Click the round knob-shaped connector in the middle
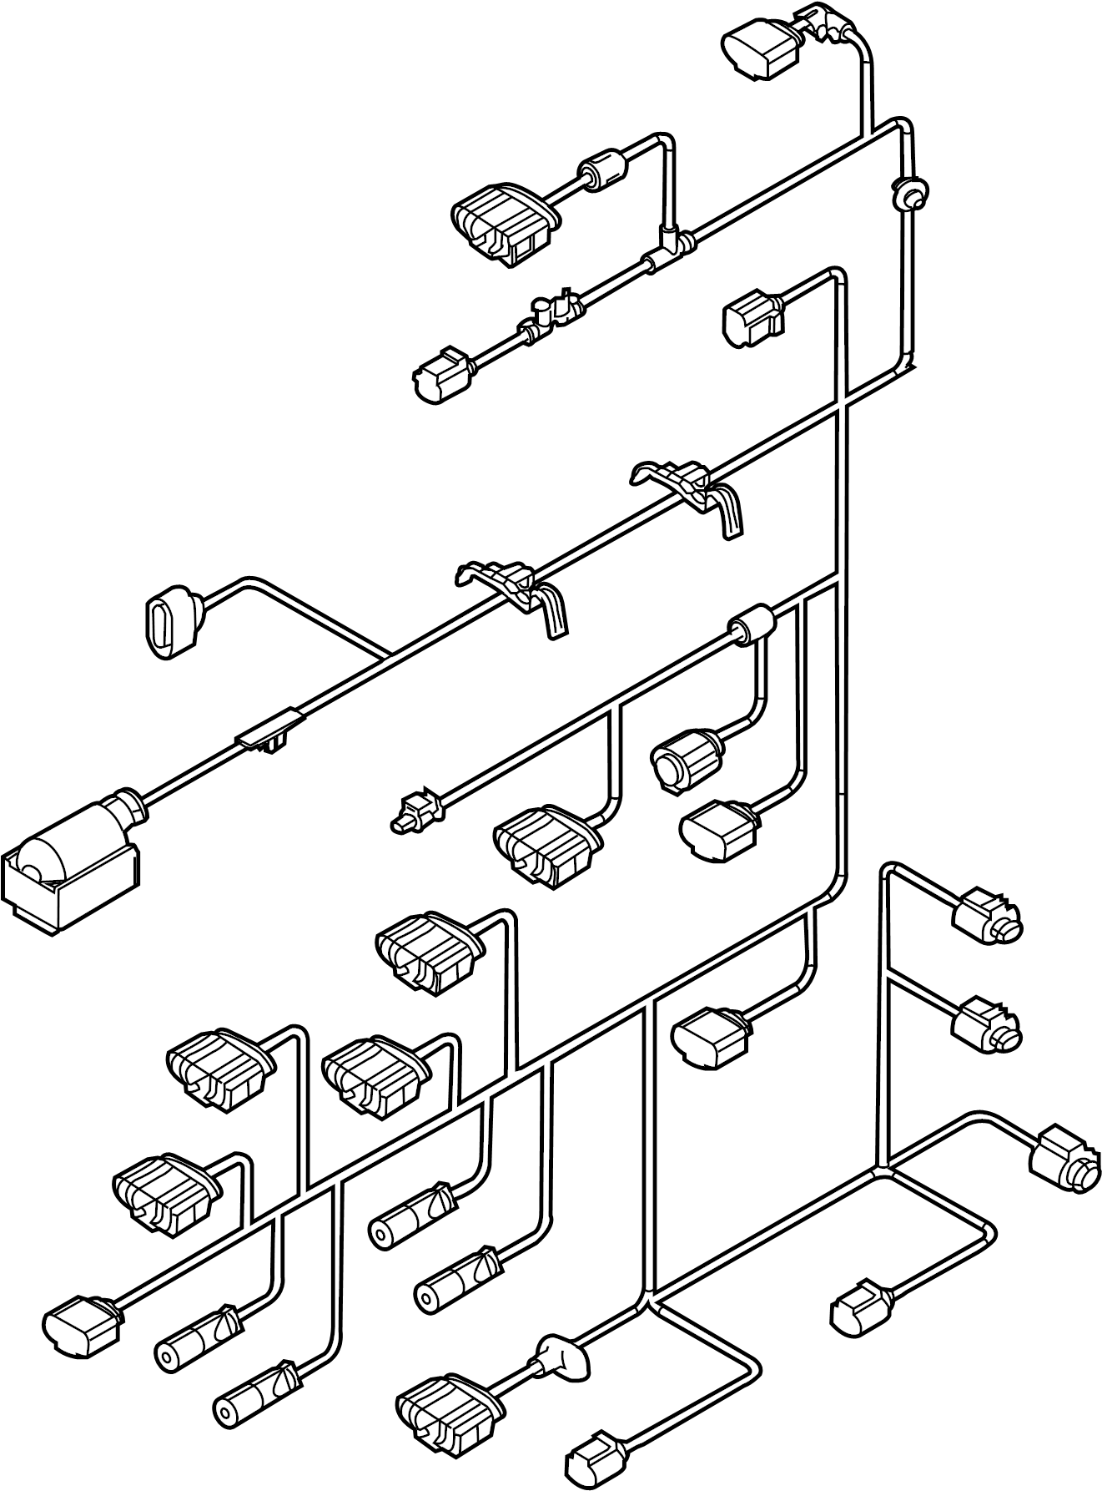click(685, 755)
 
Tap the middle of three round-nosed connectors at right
click(988, 1024)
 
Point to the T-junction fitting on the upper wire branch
click(667, 246)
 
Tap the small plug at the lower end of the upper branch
click(442, 377)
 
